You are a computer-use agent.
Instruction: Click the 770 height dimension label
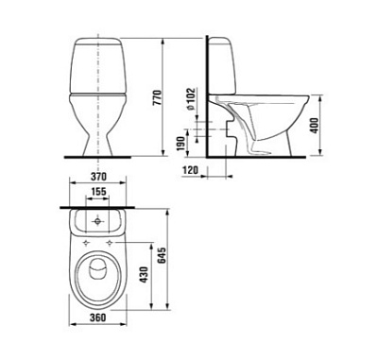click(158, 97)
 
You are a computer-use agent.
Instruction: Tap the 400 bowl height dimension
click(315, 126)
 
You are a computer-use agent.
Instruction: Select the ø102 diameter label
click(191, 99)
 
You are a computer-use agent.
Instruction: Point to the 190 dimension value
click(180, 144)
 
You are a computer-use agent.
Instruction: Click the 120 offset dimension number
click(190, 170)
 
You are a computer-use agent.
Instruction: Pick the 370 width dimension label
click(98, 177)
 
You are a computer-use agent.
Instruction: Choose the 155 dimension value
click(98, 192)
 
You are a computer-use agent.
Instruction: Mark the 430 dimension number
click(144, 275)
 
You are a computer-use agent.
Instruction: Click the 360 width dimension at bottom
click(98, 317)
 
